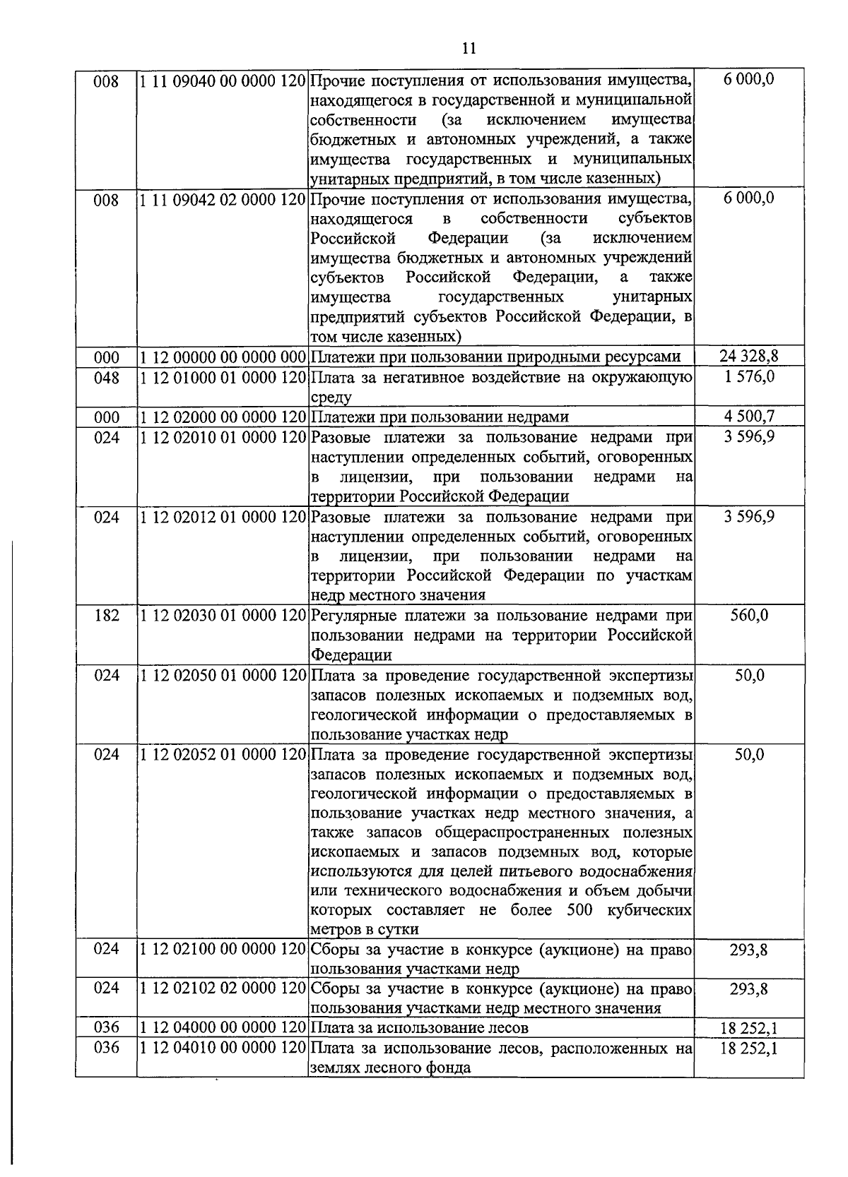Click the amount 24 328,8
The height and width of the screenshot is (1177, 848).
tap(748, 357)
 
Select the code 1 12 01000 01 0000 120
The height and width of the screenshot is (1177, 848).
tap(223, 377)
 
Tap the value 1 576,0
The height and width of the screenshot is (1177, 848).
tap(748, 377)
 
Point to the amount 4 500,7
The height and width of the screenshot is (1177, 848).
tap(748, 417)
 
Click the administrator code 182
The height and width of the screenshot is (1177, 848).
tap(107, 616)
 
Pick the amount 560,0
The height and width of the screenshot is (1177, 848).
tap(748, 616)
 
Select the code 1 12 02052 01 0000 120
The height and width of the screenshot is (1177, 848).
tap(223, 755)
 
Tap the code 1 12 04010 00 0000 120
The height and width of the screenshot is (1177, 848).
tap(223, 1048)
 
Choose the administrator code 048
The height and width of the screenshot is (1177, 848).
tap(107, 377)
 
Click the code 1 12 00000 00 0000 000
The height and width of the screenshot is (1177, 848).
tap(223, 357)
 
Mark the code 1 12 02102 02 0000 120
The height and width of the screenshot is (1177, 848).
tap(223, 988)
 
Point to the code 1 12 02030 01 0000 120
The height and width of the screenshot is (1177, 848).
tap(223, 616)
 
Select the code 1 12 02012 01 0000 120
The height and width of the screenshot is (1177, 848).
tap(223, 517)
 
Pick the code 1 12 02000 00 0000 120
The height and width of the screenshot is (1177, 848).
tap(223, 417)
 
